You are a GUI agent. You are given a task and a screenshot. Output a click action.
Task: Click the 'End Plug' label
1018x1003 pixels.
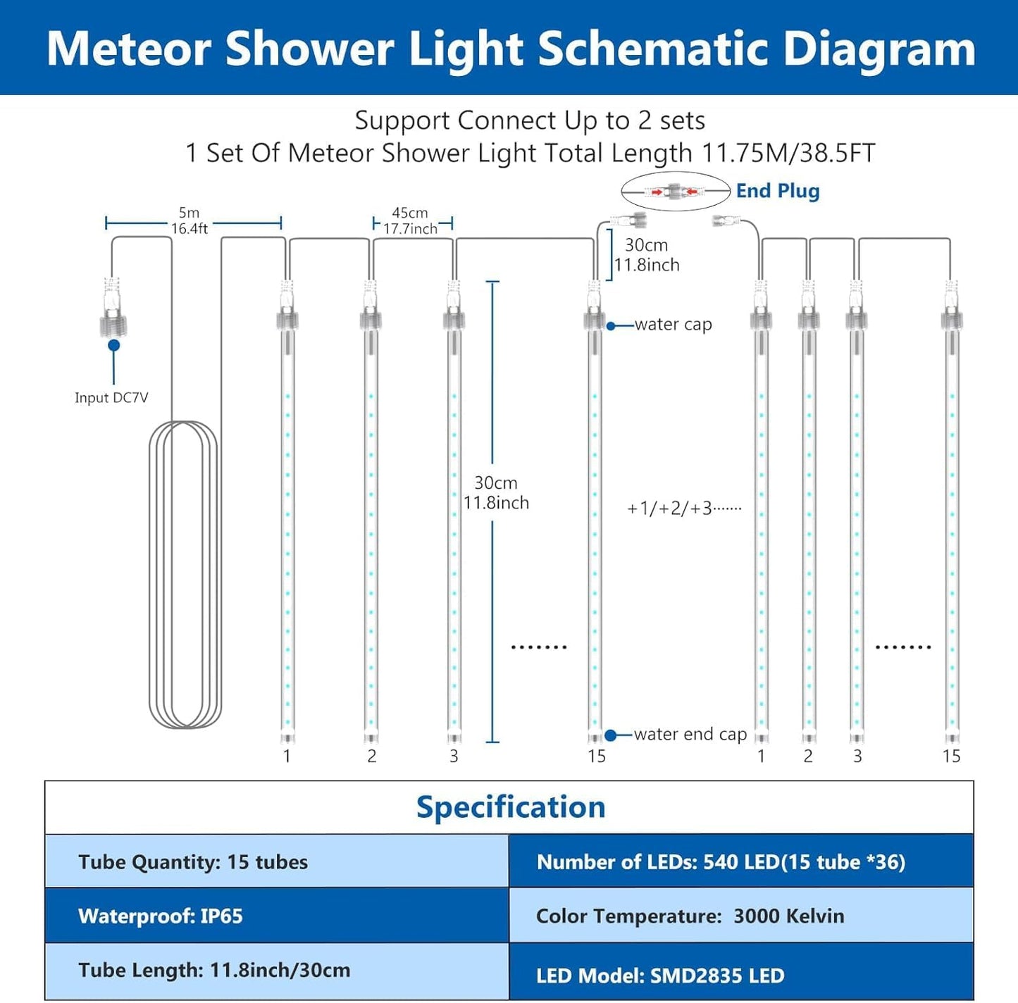[x=777, y=191]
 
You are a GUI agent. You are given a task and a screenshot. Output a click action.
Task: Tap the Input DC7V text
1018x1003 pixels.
[x=111, y=398]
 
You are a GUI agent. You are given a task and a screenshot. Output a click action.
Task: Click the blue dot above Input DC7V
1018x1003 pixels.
[x=113, y=345]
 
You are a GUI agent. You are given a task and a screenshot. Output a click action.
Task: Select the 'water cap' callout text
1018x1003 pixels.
[x=673, y=325]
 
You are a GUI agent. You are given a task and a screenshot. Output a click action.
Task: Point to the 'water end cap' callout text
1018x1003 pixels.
[x=690, y=735]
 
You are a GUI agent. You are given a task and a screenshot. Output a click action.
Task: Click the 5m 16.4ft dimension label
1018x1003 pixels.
[x=189, y=220]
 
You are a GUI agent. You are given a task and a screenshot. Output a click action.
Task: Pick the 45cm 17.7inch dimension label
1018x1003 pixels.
[x=410, y=221]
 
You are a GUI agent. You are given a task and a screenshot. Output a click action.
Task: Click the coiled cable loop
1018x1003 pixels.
[x=185, y=574]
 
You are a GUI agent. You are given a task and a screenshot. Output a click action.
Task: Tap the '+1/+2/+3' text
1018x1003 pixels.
[x=683, y=509]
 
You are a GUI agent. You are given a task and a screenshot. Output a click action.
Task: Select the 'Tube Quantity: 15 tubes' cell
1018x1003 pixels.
[x=276, y=861]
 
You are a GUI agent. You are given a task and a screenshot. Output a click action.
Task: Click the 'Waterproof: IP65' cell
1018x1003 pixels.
[x=276, y=916]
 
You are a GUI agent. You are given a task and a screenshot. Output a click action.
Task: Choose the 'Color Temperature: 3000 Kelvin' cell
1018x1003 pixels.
[x=740, y=916]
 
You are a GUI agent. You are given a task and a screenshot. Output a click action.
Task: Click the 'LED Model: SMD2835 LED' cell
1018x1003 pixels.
[x=740, y=976]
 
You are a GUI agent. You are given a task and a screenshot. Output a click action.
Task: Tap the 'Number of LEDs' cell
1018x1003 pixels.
[x=740, y=861]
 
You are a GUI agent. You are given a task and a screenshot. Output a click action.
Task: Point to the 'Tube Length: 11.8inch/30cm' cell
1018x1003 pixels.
[x=276, y=971]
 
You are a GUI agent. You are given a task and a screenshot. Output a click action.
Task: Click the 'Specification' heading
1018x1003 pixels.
[x=510, y=807]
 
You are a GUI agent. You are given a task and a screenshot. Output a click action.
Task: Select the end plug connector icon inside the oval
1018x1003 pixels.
[x=674, y=191]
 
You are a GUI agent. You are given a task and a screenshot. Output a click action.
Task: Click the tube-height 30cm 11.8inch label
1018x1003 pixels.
[x=495, y=493]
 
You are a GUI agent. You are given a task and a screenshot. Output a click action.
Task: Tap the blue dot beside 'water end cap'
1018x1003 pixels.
[x=611, y=735]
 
